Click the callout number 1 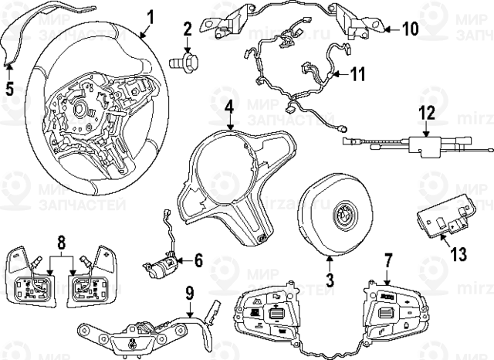pos(151,15)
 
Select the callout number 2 pos(187,31)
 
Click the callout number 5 pos(9,87)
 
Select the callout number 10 pos(410,29)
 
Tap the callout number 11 pos(357,75)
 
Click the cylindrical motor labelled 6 pos(160,268)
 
